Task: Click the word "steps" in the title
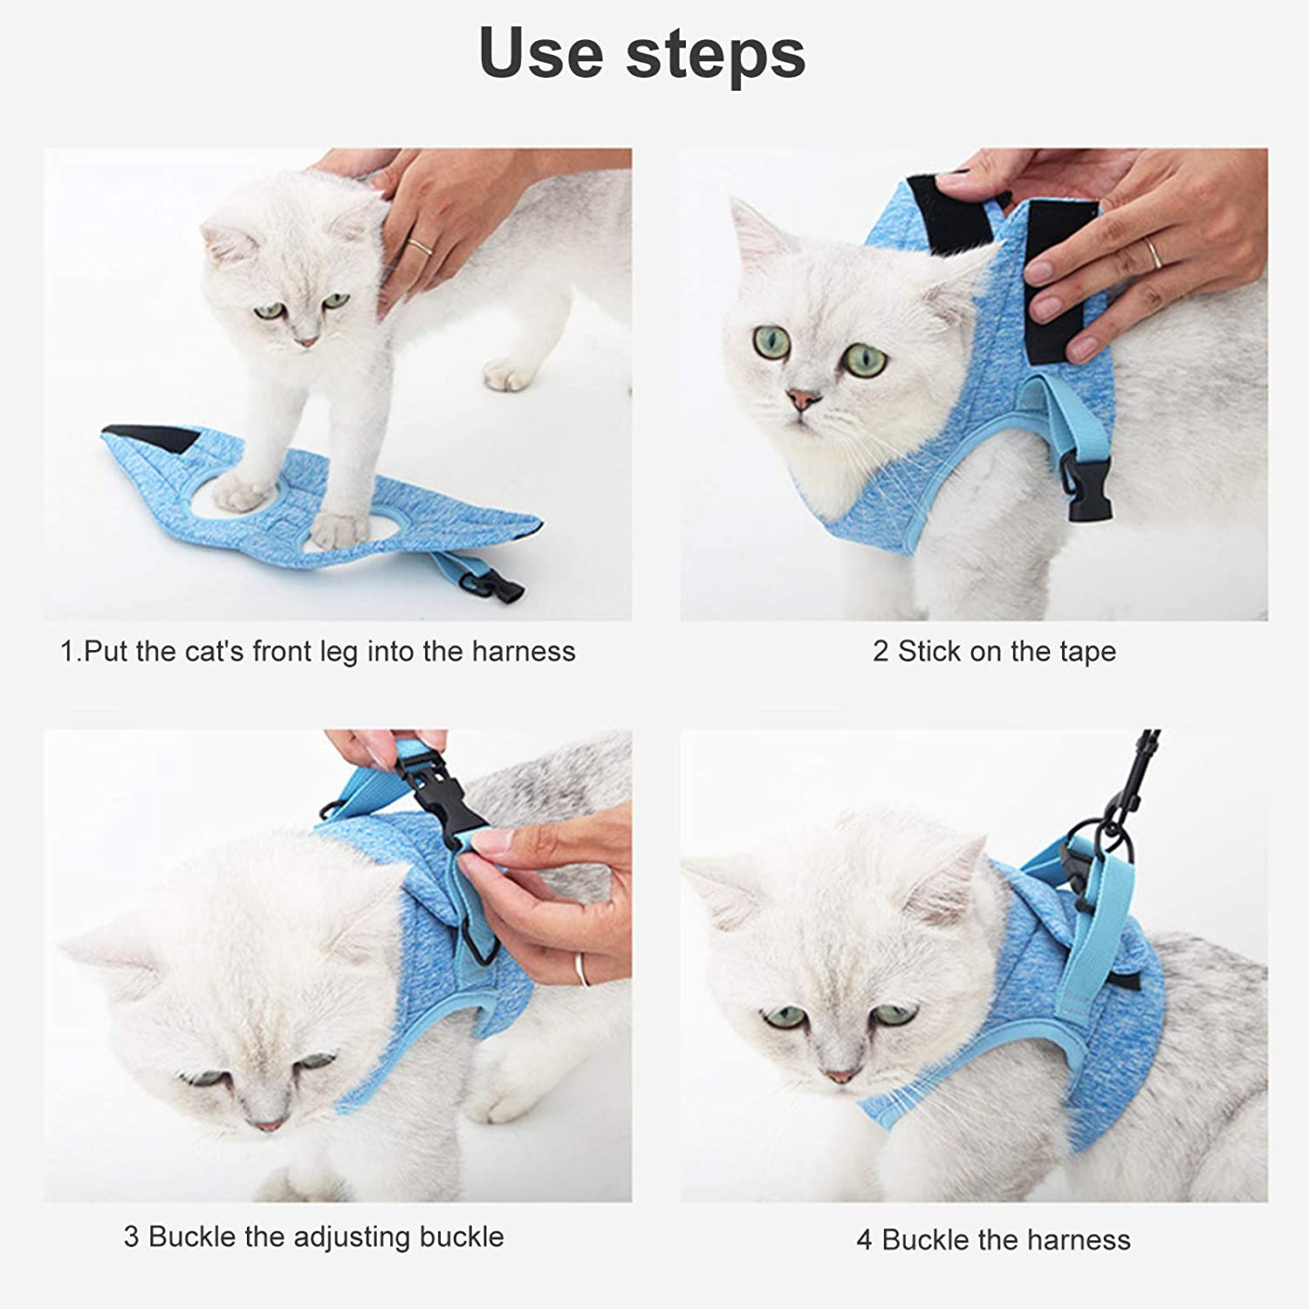(716, 54)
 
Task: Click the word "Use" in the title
(541, 52)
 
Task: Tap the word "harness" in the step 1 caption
(524, 651)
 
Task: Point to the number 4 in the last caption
(864, 1240)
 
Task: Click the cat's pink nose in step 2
(805, 400)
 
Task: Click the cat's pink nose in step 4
(840, 1075)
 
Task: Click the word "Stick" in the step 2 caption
(929, 652)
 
